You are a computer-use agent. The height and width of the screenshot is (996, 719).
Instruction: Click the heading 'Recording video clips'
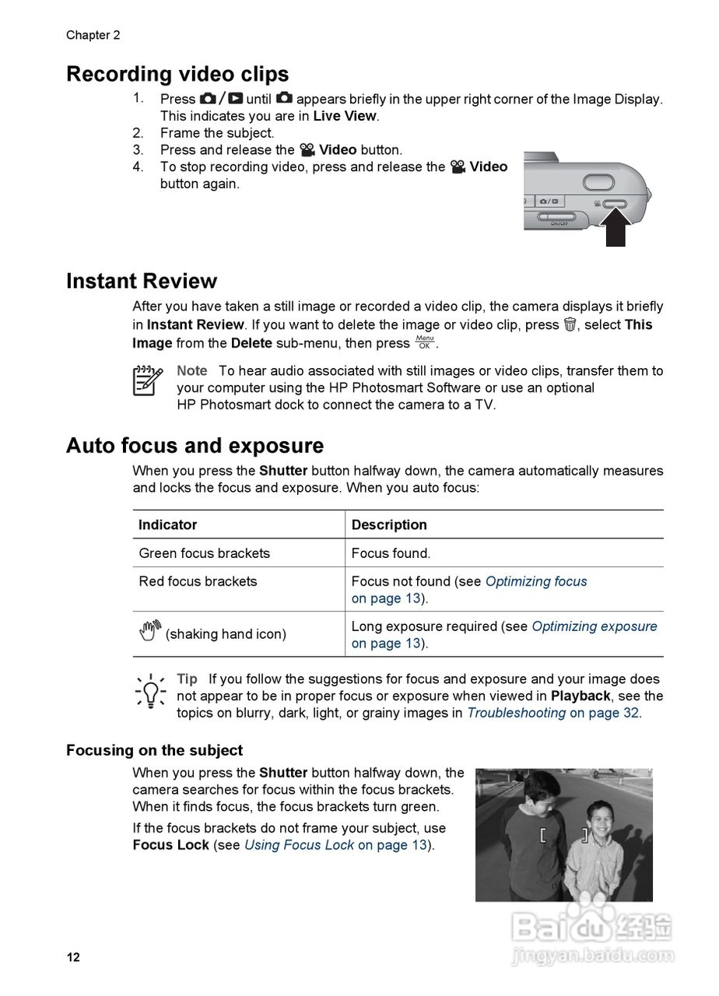tap(177, 75)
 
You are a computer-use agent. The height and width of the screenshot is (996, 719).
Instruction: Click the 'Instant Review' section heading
tap(142, 281)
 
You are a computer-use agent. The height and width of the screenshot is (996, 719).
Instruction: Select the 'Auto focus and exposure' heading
tap(195, 446)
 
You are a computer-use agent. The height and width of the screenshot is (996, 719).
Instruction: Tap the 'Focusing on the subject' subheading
tap(154, 750)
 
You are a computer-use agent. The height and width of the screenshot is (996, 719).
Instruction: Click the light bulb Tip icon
tap(149, 689)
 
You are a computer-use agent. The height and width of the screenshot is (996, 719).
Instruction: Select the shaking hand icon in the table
tap(150, 631)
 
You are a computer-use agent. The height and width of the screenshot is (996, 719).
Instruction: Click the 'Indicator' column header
tap(167, 525)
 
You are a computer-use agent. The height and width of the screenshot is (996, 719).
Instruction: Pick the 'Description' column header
tap(389, 525)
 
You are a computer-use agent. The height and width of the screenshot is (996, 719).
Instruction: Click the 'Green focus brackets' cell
tap(204, 553)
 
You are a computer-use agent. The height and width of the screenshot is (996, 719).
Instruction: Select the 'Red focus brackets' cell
tap(198, 581)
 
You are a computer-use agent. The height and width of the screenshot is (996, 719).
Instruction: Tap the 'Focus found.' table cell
tap(391, 553)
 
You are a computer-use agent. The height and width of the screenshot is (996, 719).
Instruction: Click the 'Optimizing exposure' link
tap(594, 626)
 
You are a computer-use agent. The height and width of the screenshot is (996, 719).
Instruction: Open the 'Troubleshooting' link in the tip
tap(516, 713)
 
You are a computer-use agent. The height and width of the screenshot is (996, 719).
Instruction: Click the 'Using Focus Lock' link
tap(299, 845)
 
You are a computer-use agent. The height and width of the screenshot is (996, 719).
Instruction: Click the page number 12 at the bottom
tap(73, 957)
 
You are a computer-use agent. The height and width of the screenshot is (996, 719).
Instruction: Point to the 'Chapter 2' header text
tap(93, 35)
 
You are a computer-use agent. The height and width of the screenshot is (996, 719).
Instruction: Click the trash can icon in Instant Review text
tap(570, 324)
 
